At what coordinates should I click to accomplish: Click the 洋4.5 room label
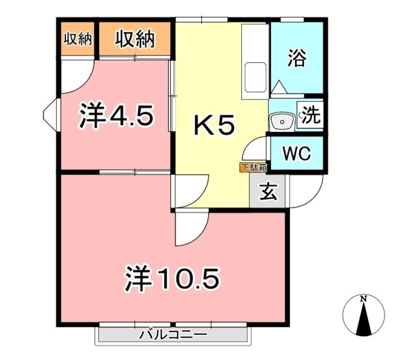(x=116, y=115)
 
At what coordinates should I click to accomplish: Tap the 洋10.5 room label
(x=172, y=278)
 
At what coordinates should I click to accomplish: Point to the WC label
(x=297, y=154)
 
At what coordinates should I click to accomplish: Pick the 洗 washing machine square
(x=310, y=115)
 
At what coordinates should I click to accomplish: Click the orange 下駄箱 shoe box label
(x=253, y=167)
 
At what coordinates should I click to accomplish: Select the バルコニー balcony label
(x=173, y=334)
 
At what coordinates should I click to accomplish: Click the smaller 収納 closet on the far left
(x=78, y=39)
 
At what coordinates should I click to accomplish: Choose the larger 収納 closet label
(x=135, y=39)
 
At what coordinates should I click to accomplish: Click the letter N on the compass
(x=363, y=299)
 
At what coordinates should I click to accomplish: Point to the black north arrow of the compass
(x=363, y=319)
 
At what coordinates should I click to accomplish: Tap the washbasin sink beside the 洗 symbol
(x=282, y=121)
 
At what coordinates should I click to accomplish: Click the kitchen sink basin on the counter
(x=255, y=77)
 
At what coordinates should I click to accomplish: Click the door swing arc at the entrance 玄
(x=313, y=198)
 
